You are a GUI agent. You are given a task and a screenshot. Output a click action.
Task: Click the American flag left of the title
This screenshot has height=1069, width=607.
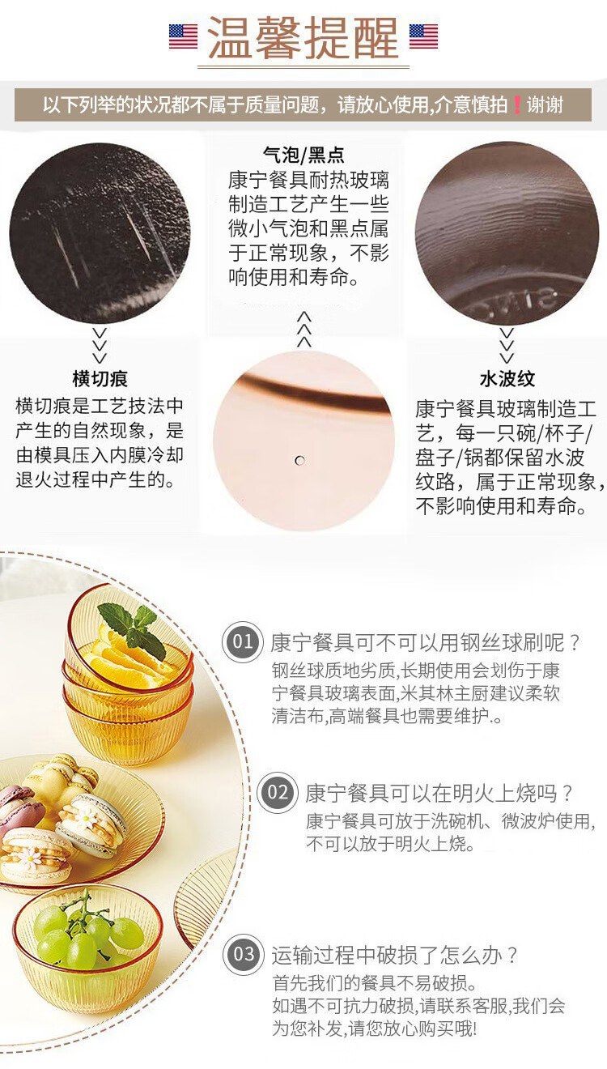(183, 36)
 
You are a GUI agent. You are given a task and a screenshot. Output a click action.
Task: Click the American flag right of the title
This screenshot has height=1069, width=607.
(423, 36)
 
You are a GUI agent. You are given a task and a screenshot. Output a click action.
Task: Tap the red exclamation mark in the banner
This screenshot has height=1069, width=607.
(517, 104)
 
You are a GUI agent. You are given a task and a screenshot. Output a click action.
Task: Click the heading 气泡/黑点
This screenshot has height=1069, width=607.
(303, 155)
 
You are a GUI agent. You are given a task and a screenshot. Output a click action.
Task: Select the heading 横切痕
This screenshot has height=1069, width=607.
(100, 378)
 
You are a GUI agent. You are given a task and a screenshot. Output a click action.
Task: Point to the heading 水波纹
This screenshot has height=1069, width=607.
(507, 378)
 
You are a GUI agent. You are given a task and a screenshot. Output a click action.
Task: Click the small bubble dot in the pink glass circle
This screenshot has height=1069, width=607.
(300, 461)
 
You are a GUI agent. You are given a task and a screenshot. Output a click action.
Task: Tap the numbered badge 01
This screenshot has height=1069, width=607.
(243, 641)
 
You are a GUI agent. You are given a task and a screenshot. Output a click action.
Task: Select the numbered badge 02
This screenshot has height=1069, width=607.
(278, 792)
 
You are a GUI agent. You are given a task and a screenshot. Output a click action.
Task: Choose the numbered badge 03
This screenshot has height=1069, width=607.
(244, 954)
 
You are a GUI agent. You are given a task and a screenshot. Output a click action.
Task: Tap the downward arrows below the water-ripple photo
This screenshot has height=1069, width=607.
(507, 346)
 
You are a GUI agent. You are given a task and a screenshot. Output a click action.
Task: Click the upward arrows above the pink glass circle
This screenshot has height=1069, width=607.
(303, 330)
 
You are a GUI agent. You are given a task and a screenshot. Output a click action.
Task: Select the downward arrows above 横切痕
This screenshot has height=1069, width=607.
(100, 346)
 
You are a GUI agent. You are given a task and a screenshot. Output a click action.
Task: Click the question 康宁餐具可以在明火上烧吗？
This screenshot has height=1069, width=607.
(439, 793)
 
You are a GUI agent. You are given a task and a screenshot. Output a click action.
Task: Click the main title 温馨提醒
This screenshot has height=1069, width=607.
(303, 37)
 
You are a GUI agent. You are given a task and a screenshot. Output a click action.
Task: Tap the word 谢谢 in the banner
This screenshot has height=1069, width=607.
(545, 104)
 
